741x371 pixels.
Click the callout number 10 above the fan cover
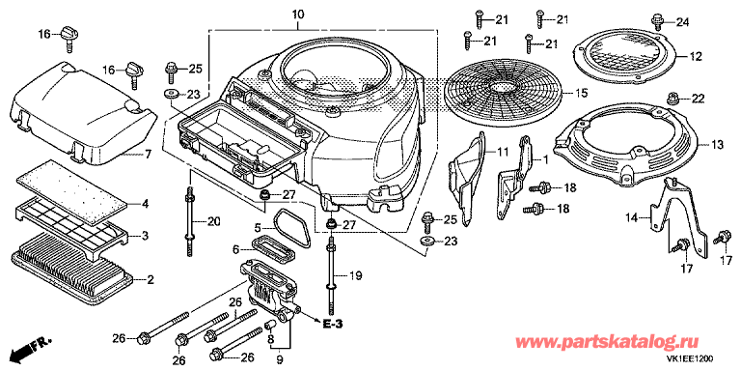[298, 14]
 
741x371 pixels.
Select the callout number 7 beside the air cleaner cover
[148, 154]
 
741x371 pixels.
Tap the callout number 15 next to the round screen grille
[581, 93]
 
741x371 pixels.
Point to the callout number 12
[695, 56]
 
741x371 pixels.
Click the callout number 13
[717, 146]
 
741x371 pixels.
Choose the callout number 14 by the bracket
[632, 218]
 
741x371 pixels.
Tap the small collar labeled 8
[271, 325]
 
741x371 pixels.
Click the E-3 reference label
[333, 325]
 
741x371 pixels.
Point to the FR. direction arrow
[29, 349]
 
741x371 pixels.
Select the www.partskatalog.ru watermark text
[607, 341]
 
